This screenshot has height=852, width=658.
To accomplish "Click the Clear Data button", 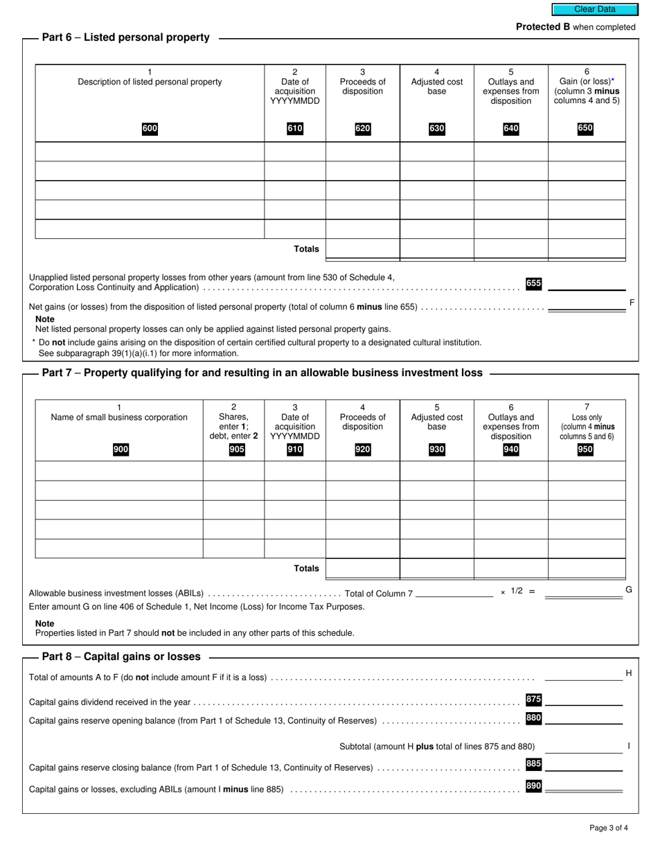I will tap(594, 9).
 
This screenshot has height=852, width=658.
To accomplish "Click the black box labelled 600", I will tap(150, 128).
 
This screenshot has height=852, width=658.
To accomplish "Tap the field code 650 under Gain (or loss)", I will tap(585, 128).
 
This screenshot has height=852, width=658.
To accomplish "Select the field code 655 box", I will tap(533, 283).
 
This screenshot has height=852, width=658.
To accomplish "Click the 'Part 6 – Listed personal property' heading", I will tap(125, 37).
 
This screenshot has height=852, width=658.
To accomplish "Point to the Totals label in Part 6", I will tap(306, 249).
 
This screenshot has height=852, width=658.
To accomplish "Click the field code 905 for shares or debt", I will tap(236, 450).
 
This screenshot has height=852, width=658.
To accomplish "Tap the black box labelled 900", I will tap(121, 450).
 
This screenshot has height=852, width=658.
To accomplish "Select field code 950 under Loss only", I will tap(585, 450).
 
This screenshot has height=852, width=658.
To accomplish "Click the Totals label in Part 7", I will tap(306, 568).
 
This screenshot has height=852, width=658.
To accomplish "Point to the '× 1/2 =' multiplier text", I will tap(518, 592).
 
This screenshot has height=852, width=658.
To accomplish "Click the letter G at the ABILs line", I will tap(628, 589).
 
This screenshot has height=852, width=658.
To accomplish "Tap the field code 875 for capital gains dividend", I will tap(533, 699).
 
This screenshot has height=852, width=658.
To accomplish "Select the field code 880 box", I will tap(533, 718).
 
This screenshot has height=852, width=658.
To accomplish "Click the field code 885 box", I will tap(533, 764).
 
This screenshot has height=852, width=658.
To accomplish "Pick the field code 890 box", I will tap(533, 786).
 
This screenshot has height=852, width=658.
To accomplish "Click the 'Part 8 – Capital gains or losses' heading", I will tap(121, 656).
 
